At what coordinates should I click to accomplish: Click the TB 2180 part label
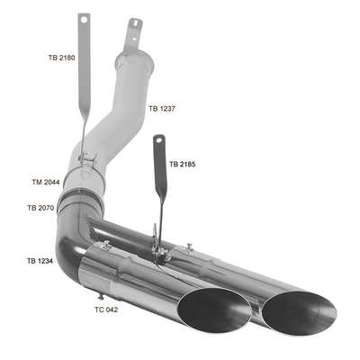(61, 58)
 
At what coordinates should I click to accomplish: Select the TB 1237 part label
(162, 109)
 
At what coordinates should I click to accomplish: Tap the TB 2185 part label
(183, 164)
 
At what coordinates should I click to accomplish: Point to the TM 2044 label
(46, 182)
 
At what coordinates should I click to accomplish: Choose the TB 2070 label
(40, 208)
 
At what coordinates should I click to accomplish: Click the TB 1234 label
(40, 261)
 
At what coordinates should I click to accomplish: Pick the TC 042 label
(106, 310)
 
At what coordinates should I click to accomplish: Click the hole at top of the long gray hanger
(84, 20)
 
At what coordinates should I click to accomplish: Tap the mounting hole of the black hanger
(159, 139)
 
